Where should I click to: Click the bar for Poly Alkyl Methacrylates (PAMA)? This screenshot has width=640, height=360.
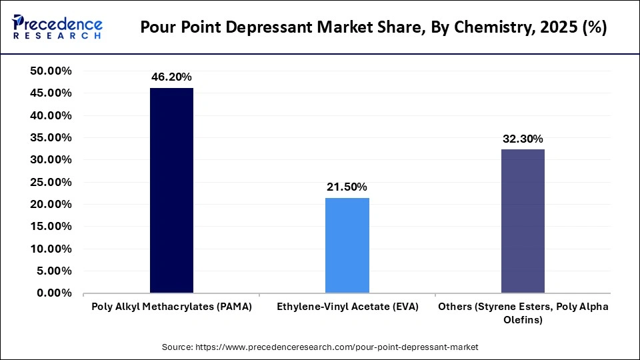tap(171, 191)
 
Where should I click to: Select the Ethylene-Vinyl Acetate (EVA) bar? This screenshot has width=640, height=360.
tap(347, 245)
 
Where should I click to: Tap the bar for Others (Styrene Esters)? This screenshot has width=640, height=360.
tap(523, 221)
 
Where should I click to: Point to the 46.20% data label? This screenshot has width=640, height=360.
tap(171, 77)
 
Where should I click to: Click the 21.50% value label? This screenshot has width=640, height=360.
tap(347, 187)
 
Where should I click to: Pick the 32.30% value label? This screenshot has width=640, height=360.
tap(523, 139)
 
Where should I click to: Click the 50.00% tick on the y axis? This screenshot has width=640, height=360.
tap(51, 71)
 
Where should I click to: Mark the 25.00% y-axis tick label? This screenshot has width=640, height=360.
tap(51, 182)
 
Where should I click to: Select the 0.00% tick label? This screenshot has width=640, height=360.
tap(53, 293)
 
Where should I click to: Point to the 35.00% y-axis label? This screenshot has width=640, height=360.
tap(51, 137)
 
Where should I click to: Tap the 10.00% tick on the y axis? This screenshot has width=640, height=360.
tap(51, 249)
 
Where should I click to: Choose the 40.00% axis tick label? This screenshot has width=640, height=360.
tap(51, 115)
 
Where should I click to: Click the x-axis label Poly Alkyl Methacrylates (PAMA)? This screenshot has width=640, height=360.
tap(171, 306)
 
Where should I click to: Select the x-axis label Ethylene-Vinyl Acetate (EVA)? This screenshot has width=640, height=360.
tap(347, 306)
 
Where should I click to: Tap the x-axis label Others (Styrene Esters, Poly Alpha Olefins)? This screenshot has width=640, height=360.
tap(523, 313)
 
